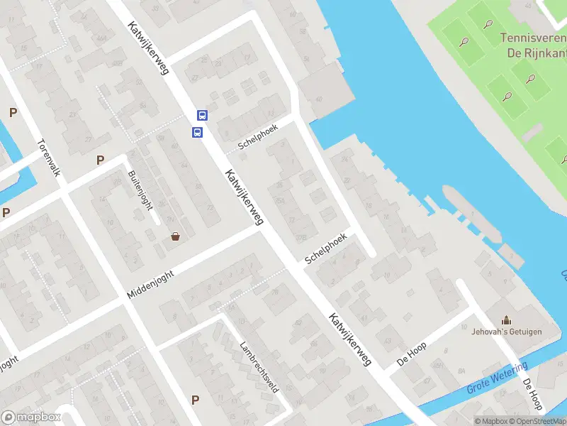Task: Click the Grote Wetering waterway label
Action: (x=498, y=379)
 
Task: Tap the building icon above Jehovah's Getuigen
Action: (x=506, y=321)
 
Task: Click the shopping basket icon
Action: (x=175, y=236)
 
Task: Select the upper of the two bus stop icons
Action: (x=202, y=115)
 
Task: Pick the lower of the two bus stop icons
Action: (x=197, y=132)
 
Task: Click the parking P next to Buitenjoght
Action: (x=100, y=160)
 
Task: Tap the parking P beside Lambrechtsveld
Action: (x=195, y=400)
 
